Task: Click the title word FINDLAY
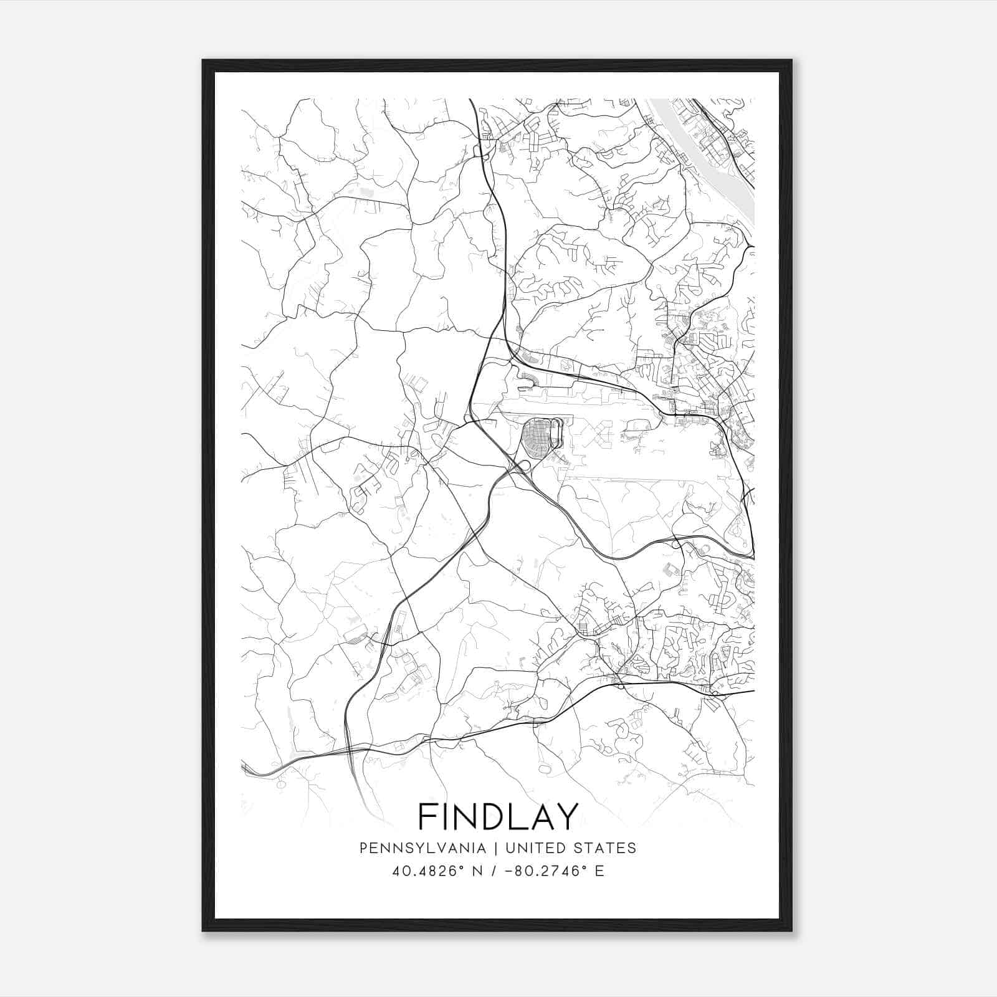click(498, 816)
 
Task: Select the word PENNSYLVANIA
click(422, 848)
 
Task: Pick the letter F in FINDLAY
click(427, 816)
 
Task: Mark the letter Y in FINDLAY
click(567, 816)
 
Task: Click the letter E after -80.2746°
click(599, 871)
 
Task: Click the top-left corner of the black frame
click(203, 61)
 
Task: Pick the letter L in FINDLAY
click(518, 816)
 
